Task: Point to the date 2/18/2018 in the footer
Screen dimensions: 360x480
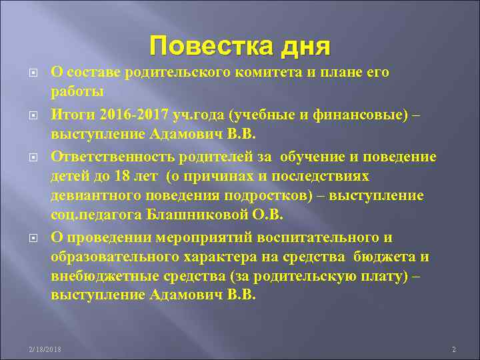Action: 44,349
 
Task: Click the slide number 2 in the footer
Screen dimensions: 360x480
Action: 453,349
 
